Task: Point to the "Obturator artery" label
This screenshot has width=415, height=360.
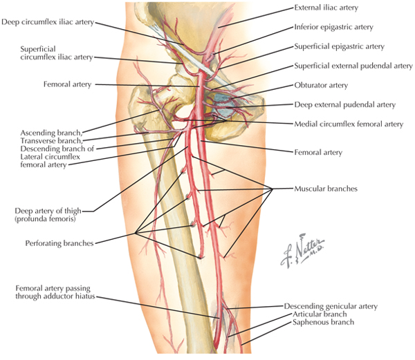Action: coord(320,86)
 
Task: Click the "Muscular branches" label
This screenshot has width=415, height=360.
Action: coord(324,188)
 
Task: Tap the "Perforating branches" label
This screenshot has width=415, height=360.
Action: coord(57,243)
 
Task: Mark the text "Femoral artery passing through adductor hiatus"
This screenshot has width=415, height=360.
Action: coord(53,292)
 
